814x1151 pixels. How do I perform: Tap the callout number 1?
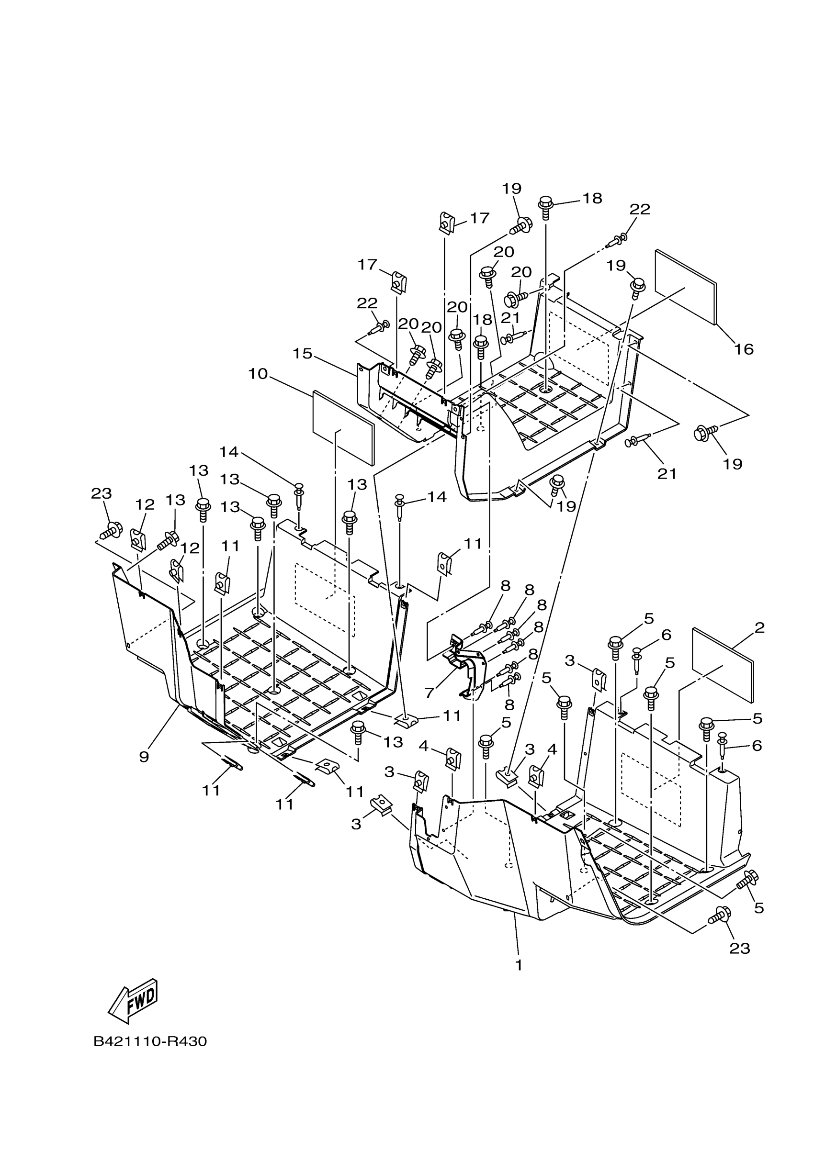point(519,964)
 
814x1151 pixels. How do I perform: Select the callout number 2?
point(759,627)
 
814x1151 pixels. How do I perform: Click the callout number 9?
point(144,757)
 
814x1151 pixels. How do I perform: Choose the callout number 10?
point(258,373)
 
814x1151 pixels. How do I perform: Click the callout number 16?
point(744,349)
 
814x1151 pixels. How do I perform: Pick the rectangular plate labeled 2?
point(722,664)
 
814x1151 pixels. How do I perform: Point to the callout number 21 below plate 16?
point(667,473)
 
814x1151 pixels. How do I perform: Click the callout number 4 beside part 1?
point(424,746)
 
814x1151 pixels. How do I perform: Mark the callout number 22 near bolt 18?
point(639,209)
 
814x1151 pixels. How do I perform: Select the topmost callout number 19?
point(511,189)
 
